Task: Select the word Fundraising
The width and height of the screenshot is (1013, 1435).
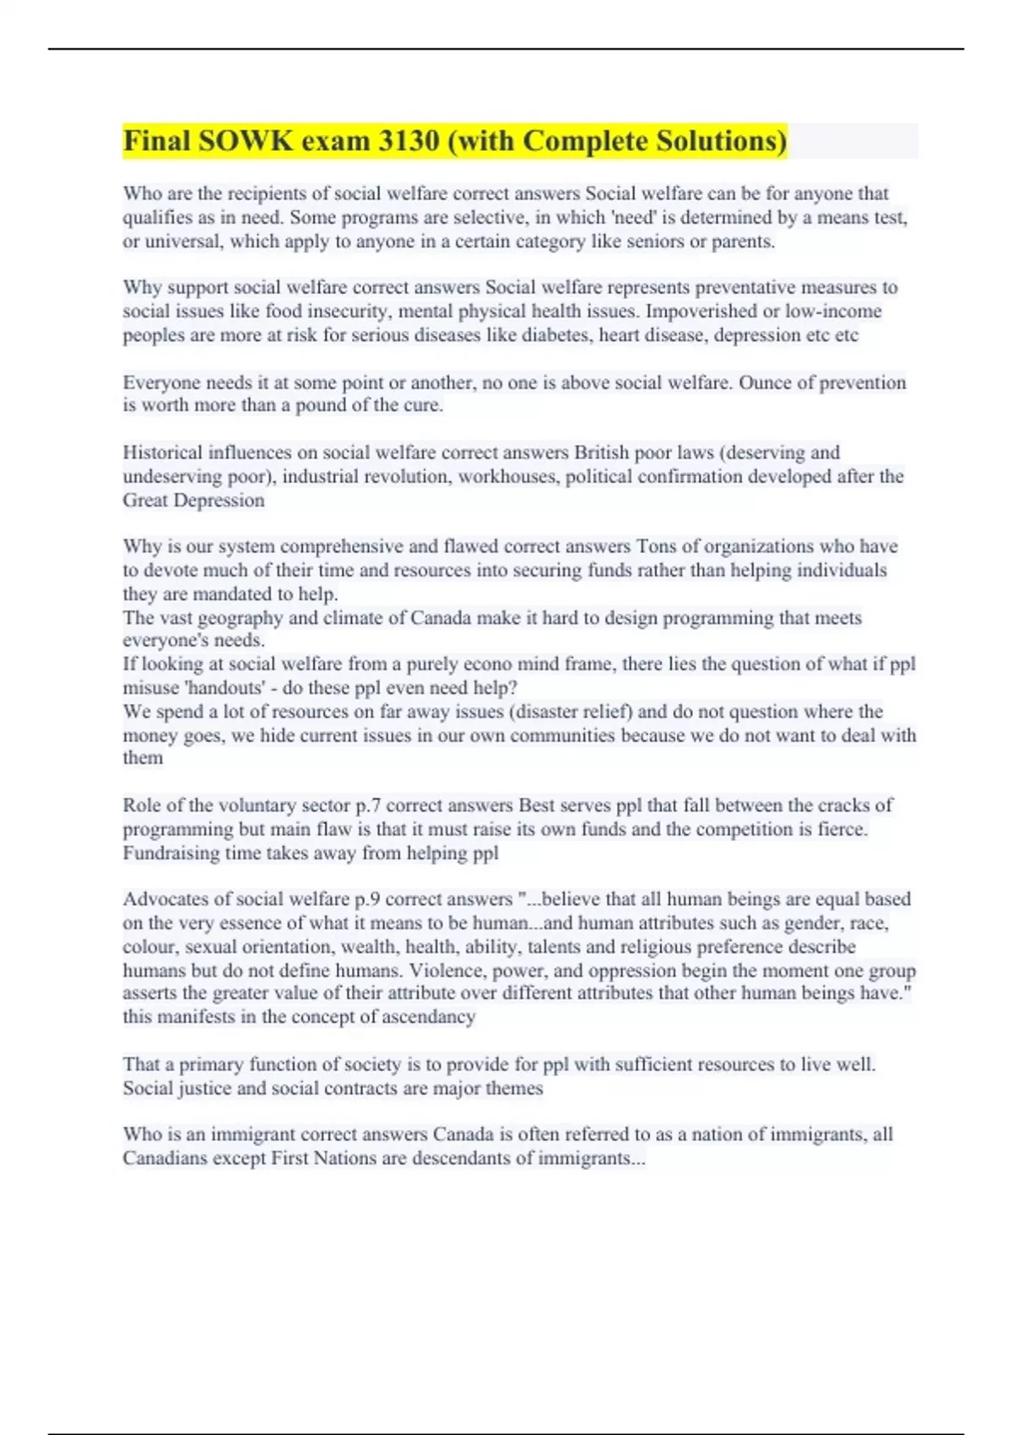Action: click(171, 853)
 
